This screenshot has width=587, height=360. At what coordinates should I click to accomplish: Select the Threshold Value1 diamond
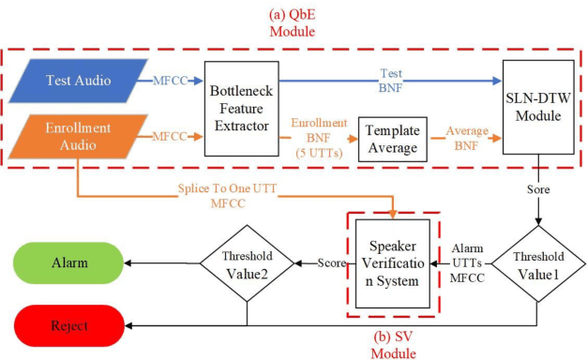coord(537,262)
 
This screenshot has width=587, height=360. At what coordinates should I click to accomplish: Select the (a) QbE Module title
coord(296,22)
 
